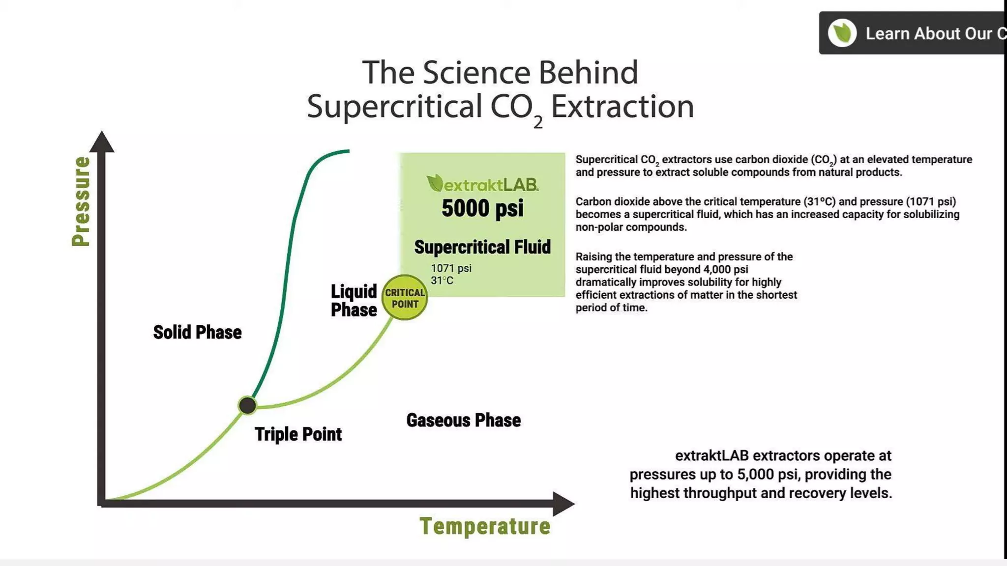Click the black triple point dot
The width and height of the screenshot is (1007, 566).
coord(247,405)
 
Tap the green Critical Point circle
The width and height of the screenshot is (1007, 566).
coord(405,298)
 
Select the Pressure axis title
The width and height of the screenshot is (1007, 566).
coord(81,201)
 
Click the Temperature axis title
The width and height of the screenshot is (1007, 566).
coord(485,526)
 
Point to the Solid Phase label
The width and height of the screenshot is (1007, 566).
coord(197,333)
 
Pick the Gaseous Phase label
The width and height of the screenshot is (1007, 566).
coord(463,421)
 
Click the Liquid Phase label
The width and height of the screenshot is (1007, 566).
coord(354,301)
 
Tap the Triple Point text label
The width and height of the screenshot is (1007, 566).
coord(298,434)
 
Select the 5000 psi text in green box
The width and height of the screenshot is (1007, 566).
coord(482,208)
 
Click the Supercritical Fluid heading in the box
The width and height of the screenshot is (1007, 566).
coord(482,247)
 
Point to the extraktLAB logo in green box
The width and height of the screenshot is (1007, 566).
coord(482,184)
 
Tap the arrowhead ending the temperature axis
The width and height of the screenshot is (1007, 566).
coord(563,504)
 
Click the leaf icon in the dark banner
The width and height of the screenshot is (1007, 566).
coord(842,33)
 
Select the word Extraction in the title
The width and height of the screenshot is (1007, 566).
coord(622,107)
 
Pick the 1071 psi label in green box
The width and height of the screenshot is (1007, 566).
coord(451,268)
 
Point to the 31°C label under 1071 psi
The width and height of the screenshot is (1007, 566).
coord(442,281)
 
